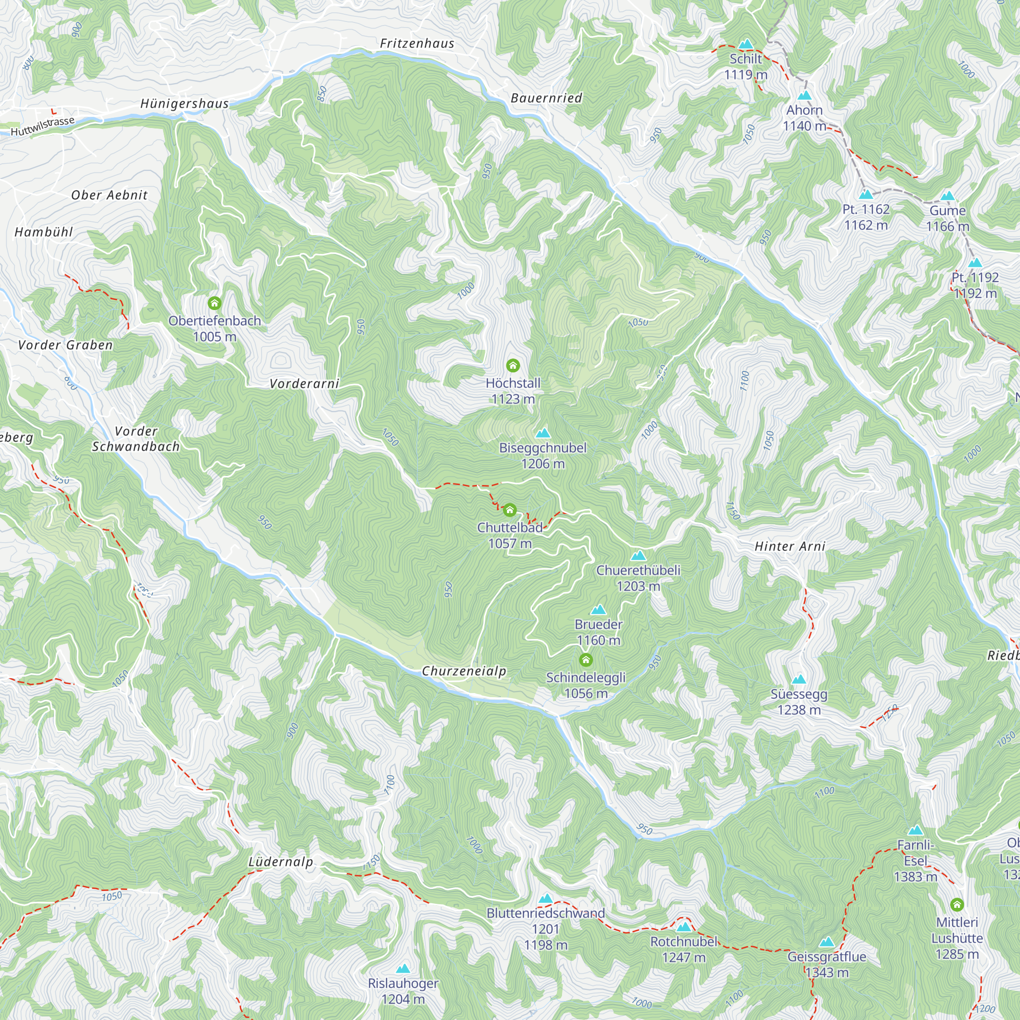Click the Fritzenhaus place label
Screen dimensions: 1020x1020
tap(417, 43)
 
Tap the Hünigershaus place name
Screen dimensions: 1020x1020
tap(185, 104)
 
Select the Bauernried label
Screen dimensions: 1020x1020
tap(546, 98)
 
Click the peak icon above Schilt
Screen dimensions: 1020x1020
tap(746, 44)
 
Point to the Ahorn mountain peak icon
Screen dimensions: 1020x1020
tap(804, 95)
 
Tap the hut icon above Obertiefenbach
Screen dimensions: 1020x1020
tap(214, 303)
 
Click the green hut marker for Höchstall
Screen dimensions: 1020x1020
tap(513, 365)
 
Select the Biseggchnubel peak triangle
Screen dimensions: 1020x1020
tap(543, 433)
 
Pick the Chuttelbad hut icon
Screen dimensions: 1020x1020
tap(509, 510)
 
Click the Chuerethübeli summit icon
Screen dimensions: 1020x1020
tap(639, 555)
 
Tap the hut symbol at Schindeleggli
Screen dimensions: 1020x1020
tap(585, 660)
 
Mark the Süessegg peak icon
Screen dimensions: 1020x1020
tap(799, 679)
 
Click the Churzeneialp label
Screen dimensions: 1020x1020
tap(464, 671)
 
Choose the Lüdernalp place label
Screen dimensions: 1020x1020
tap(281, 861)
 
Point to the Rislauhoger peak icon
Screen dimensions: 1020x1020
tap(403, 968)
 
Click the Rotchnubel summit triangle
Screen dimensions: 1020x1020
tap(684, 927)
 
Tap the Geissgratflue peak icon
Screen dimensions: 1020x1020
tap(827, 942)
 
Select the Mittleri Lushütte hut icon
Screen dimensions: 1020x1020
tap(957, 905)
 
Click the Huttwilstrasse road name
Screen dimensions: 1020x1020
tap(42, 126)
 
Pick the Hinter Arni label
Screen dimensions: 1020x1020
tap(790, 546)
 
